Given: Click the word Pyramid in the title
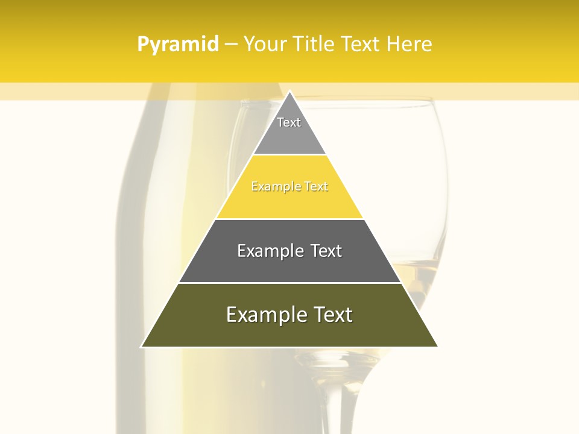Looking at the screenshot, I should tap(178, 44).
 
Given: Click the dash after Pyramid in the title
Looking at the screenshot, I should tap(230, 45).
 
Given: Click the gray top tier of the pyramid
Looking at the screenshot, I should tap(289, 136).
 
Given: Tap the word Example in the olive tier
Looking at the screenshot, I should tap(261, 315).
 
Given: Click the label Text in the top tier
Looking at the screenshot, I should tap(289, 122).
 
